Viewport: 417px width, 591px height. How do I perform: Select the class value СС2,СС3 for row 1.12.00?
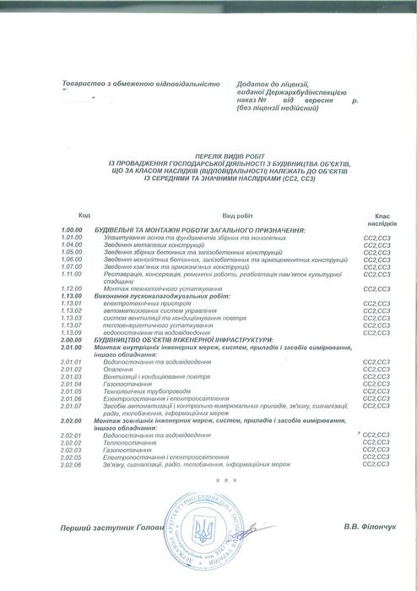(x=376, y=289)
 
